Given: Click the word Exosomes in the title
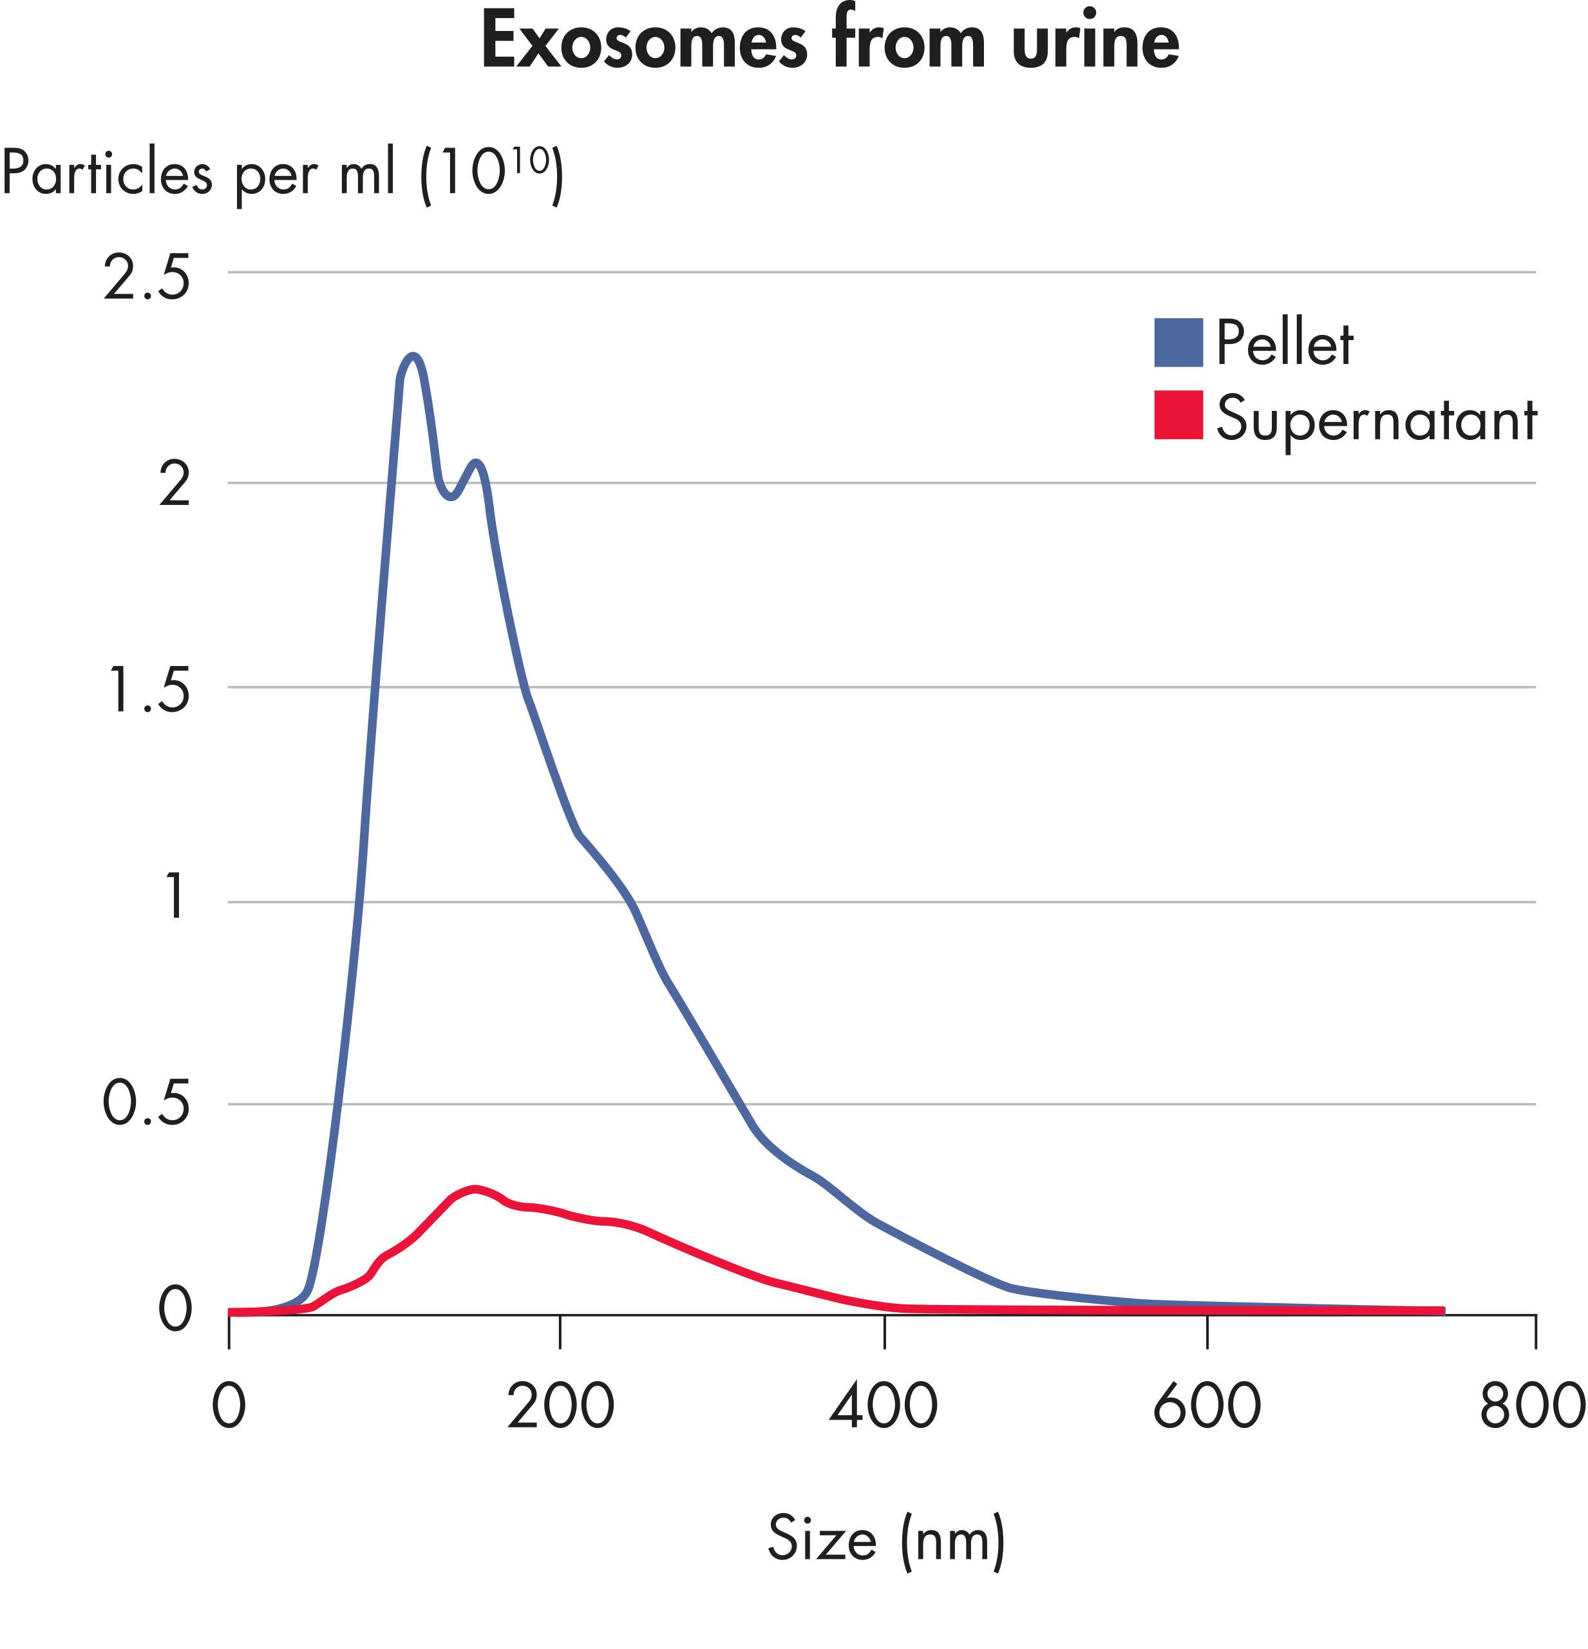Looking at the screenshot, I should (643, 42).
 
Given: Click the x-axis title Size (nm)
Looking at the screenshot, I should (885, 1539).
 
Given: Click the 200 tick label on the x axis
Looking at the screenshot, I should (560, 1405).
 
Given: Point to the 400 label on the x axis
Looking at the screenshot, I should (883, 1405).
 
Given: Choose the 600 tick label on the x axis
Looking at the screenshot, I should (1206, 1405).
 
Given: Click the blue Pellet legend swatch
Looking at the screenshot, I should (1178, 343).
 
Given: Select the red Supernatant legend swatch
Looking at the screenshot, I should (1178, 415).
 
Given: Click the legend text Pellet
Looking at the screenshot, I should (1284, 343).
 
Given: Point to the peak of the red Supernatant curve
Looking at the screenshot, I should (476, 1189).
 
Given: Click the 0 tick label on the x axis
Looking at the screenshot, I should (229, 1405).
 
